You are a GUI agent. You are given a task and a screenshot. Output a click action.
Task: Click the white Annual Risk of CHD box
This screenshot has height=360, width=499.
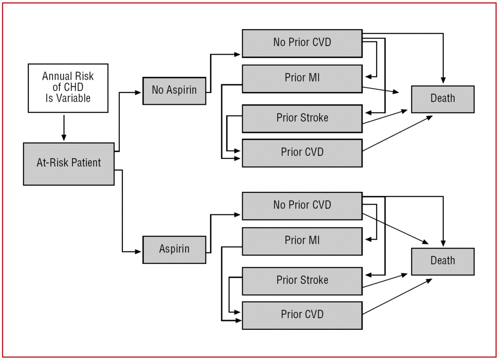[x=68, y=88]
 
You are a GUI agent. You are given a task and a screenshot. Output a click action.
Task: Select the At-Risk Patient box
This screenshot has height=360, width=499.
[x=69, y=164]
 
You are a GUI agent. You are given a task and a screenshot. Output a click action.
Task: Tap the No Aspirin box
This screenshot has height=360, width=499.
[x=174, y=91]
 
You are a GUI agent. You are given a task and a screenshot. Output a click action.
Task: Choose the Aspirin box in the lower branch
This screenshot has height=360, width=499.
[x=174, y=249]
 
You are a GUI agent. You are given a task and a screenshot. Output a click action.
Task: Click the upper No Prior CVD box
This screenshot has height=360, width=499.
[x=302, y=43]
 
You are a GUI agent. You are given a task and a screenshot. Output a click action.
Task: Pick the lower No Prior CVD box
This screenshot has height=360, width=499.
[x=302, y=206]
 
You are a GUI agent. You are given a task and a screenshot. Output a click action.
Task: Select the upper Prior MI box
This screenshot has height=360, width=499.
[x=302, y=78]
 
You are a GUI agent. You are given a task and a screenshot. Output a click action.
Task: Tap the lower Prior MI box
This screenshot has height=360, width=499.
[x=302, y=241]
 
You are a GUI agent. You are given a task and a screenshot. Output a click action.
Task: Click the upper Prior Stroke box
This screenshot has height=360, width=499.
[x=302, y=118]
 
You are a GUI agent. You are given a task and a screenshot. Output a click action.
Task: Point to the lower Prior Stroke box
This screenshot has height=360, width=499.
[x=302, y=281]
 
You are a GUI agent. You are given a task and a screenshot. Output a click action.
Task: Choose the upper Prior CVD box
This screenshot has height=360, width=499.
[x=302, y=153]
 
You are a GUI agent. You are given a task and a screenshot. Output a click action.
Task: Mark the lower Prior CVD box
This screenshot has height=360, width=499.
[x=302, y=315]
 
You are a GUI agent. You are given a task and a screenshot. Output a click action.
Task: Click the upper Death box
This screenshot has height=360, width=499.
[x=442, y=99]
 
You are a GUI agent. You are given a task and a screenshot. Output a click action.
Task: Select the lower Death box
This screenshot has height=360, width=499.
[x=442, y=261]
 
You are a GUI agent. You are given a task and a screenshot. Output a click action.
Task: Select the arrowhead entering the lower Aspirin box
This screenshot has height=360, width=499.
[x=139, y=251]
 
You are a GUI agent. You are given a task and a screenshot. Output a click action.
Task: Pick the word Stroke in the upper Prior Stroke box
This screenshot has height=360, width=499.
[x=315, y=118]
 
